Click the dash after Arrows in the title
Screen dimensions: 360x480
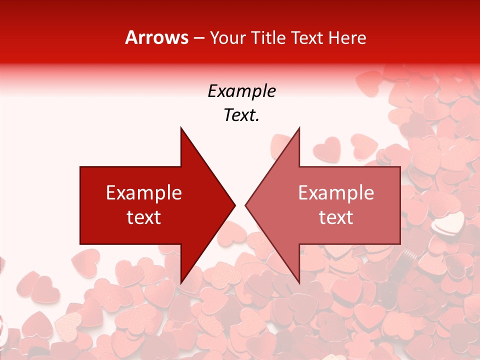click(x=198, y=38)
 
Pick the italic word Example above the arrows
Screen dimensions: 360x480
click(x=241, y=91)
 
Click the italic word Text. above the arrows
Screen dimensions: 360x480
click(x=241, y=115)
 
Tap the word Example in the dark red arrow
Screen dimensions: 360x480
click(x=144, y=192)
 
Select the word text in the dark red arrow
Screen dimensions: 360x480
click(x=144, y=217)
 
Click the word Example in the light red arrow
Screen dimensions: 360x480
click(x=336, y=192)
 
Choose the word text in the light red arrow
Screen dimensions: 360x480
click(x=336, y=217)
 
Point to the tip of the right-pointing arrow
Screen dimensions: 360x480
click(x=235, y=205)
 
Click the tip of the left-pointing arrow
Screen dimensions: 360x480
click(x=245, y=205)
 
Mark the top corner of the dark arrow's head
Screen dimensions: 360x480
click(x=181, y=128)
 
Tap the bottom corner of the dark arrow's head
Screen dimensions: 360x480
click(x=181, y=283)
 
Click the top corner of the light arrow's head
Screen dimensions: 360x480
click(x=299, y=128)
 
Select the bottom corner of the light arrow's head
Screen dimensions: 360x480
click(x=299, y=283)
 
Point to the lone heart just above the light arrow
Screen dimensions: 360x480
click(x=327, y=148)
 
